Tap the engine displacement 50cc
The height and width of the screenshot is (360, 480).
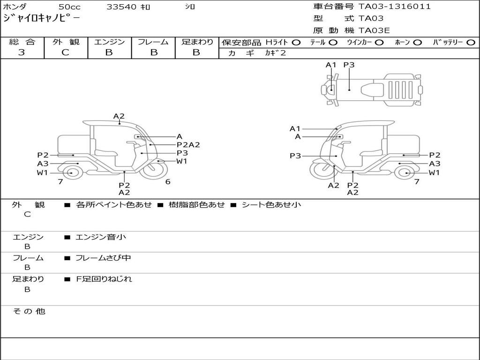tap(69, 7)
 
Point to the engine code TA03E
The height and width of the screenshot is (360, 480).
tap(374, 31)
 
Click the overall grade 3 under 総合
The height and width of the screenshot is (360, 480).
tap(22, 52)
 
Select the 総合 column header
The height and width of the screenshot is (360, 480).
tap(22, 42)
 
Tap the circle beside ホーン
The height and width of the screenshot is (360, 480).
tap(417, 43)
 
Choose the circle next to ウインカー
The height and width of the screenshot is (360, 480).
tap(379, 43)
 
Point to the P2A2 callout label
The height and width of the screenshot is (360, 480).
tap(188, 145)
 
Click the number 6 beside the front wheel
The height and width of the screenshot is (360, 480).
tap(168, 182)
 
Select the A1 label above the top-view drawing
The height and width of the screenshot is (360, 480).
tap(331, 65)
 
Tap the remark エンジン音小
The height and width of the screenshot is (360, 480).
tap(101, 237)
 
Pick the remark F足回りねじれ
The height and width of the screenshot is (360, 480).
tap(104, 279)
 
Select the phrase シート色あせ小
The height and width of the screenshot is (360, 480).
tap(271, 205)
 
